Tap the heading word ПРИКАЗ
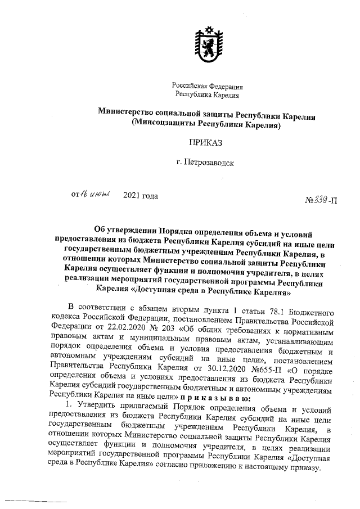205,144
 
